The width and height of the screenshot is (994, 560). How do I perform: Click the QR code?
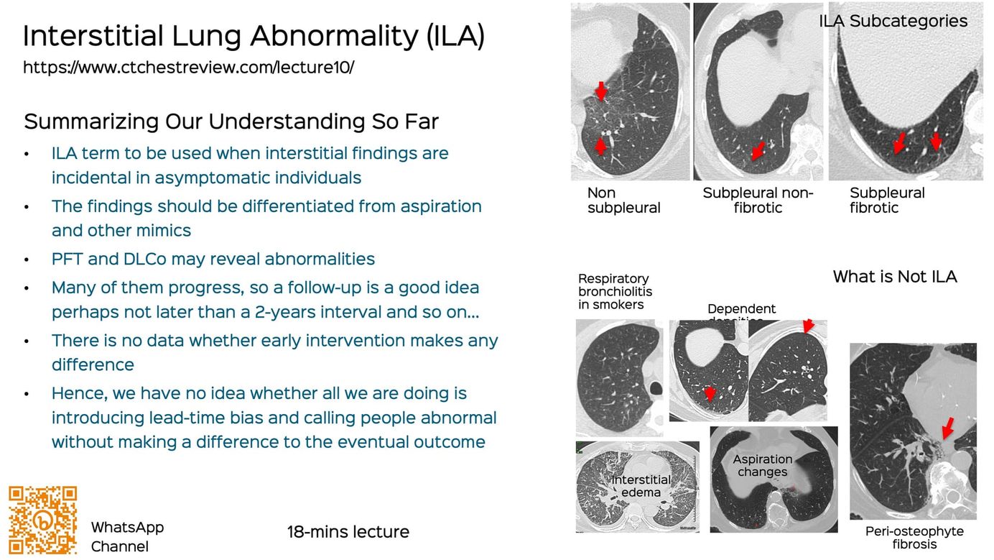click(42, 520)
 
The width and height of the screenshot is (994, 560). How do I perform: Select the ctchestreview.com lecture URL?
click(188, 68)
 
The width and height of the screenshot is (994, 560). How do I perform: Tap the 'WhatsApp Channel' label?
click(127, 536)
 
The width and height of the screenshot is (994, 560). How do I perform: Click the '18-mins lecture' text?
click(348, 532)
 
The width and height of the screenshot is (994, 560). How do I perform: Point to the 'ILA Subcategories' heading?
click(893, 21)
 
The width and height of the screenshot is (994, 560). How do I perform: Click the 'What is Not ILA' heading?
click(894, 277)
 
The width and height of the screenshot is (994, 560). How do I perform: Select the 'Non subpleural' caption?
click(623, 201)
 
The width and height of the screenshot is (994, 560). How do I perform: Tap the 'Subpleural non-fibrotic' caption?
click(757, 201)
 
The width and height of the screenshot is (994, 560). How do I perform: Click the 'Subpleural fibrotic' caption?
click(887, 201)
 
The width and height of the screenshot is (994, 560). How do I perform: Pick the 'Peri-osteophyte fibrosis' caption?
click(914, 538)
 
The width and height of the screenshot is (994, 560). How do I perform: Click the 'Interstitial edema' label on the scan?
click(641, 486)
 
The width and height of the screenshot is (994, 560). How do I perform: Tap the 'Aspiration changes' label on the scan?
click(762, 465)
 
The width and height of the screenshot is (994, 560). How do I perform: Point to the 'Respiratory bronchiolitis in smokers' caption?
click(615, 291)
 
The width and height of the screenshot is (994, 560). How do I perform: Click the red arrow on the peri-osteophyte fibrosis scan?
click(947, 428)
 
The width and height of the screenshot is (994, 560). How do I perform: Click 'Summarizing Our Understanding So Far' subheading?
click(231, 121)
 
